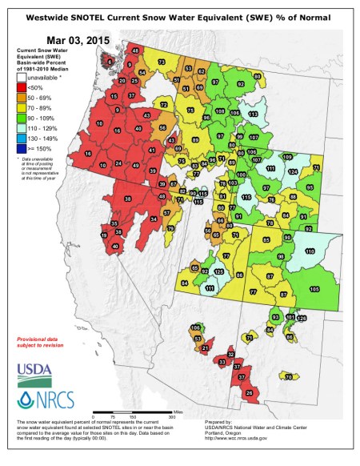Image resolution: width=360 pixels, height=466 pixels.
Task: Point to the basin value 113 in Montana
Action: [x=253, y=115]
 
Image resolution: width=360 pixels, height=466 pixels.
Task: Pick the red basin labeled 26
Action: [x=249, y=392]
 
